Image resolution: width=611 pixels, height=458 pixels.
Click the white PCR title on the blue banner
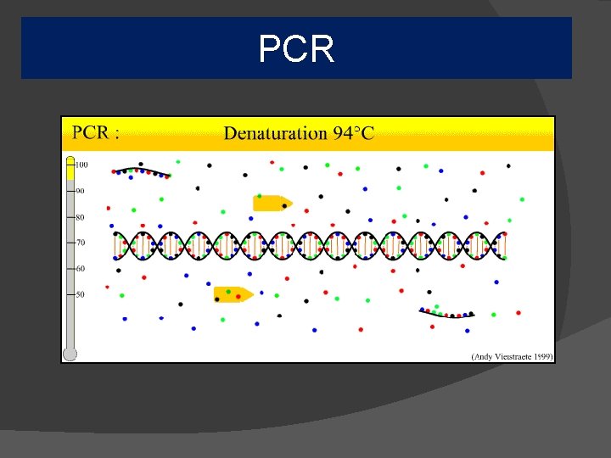296,49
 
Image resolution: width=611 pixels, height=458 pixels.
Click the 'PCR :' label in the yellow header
95,133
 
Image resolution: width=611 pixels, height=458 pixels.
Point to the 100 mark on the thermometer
82,165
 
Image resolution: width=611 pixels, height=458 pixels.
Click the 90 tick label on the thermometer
81,191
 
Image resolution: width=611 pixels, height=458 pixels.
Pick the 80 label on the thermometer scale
81,217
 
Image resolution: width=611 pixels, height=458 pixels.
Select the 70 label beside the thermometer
81,243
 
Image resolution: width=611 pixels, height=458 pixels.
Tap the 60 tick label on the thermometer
81,269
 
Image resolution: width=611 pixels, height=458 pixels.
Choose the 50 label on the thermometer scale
81,294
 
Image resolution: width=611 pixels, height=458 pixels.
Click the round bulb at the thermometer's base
70,354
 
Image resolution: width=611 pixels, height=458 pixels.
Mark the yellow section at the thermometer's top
70,170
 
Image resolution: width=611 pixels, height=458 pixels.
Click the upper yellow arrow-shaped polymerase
272,203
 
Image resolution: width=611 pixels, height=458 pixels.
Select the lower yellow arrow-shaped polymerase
233,294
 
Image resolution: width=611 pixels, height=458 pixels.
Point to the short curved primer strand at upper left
142,171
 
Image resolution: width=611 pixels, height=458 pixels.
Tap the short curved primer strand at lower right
446,312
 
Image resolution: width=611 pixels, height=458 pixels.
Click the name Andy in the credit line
485,356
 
